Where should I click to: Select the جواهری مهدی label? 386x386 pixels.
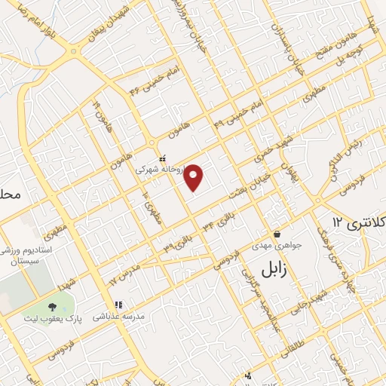pos(277,245)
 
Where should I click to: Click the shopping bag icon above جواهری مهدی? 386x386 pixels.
pos(277,234)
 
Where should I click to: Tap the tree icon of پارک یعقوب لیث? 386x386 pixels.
pos(52,307)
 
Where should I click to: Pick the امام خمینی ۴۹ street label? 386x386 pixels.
pos(240,112)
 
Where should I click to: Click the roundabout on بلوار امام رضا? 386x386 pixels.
pos(75,52)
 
